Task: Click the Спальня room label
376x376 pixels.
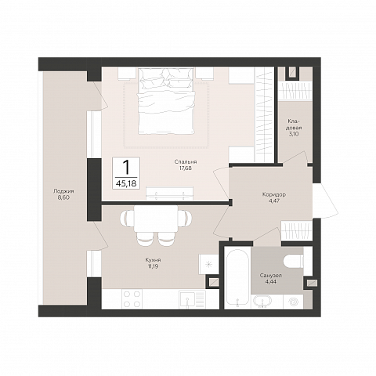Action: click(186, 162)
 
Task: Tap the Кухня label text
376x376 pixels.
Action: click(154, 260)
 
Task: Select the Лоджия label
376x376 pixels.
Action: click(63, 191)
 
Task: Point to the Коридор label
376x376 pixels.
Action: click(274, 194)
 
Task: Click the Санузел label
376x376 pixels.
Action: click(271, 276)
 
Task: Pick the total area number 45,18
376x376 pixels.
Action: click(126, 183)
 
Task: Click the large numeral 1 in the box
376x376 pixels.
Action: click(126, 167)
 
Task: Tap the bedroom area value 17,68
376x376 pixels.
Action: click(186, 168)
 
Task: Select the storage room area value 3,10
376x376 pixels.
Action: click(294, 134)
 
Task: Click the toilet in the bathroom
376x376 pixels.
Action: click(293, 261)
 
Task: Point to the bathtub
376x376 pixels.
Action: click(237, 277)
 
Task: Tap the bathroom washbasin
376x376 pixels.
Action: click(262, 302)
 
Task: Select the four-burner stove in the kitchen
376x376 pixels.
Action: click(132, 299)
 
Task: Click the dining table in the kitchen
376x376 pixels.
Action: click(156, 219)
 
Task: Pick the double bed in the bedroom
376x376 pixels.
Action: click(166, 101)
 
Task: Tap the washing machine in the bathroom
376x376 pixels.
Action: click(293, 302)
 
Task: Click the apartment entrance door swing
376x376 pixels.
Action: click(325, 201)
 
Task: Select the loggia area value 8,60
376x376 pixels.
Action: click(63, 197)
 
